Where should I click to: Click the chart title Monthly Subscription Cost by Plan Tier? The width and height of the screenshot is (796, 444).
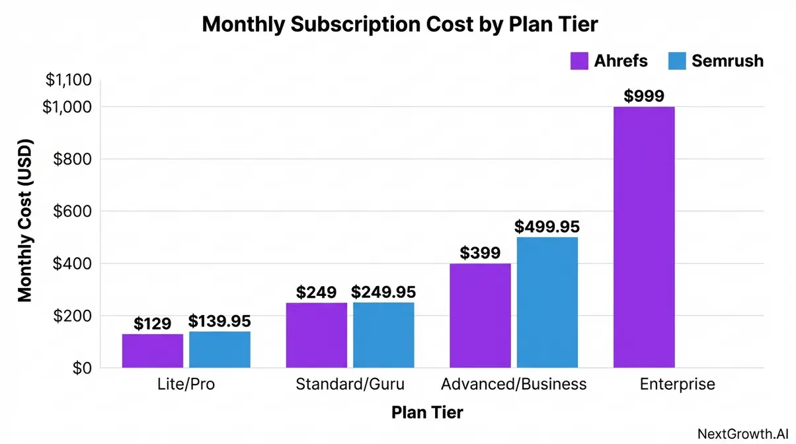[399, 24]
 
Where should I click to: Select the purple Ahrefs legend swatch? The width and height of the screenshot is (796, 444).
[578, 61]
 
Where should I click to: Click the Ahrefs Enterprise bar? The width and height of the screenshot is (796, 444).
[643, 237]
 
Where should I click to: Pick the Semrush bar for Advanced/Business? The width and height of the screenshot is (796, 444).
[547, 302]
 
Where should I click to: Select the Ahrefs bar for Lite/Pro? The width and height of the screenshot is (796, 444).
[152, 351]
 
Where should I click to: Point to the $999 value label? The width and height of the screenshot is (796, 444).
[643, 96]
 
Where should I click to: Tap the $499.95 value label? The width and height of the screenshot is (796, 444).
[547, 227]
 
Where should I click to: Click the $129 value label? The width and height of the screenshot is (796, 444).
[152, 324]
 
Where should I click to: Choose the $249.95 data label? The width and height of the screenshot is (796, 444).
[383, 292]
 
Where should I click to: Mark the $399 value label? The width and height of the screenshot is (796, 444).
[480, 253]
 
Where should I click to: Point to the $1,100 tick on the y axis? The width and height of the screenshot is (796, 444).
[68, 81]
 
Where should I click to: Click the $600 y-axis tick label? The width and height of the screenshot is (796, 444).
[73, 211]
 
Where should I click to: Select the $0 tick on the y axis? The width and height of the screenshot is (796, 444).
[82, 368]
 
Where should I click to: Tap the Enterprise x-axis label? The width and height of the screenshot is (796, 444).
[677, 385]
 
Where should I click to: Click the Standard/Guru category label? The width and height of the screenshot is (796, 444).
[350, 385]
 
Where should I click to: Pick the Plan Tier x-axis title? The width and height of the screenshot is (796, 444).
[427, 413]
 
